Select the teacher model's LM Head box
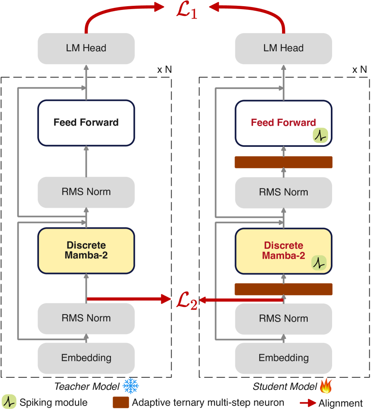click(86, 48)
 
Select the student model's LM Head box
click(283, 48)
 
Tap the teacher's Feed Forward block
click(86, 123)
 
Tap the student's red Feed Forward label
click(283, 123)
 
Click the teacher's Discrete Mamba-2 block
click(86, 251)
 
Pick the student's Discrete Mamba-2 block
click(283, 251)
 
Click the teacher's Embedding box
click(86, 358)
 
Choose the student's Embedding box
click(283, 358)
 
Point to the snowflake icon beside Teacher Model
click(131, 386)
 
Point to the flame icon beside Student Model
click(326, 386)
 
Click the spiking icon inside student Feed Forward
click(320, 135)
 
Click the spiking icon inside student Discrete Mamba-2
click(318, 263)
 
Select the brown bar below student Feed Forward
click(283, 162)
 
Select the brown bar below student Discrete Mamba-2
click(283, 289)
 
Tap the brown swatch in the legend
click(121, 403)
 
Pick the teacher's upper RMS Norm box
click(86, 192)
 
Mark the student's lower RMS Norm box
click(283, 318)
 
